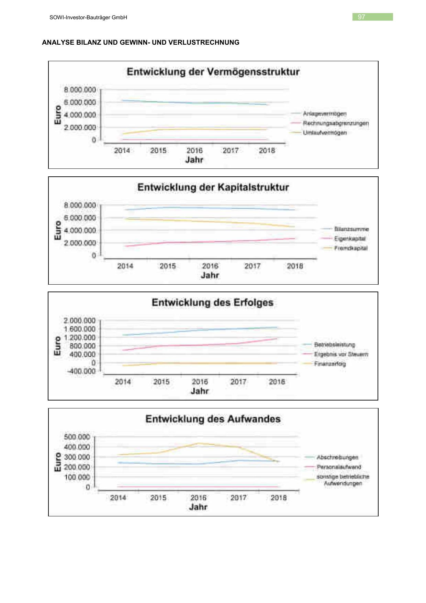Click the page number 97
(361, 17)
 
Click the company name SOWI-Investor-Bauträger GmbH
(88, 17)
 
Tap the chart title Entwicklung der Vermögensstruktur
(213, 72)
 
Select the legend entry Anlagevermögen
(324, 113)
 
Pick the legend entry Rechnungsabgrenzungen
(336, 123)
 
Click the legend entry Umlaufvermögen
(324, 133)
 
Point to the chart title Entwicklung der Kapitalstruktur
(213, 187)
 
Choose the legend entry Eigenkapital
(350, 239)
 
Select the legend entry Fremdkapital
(350, 248)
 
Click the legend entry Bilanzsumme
(351, 229)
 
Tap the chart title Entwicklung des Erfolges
(213, 303)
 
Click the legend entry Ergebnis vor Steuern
(341, 354)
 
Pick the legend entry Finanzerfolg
(330, 364)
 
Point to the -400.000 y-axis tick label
(81, 371)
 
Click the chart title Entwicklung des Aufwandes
(213, 419)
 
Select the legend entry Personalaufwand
(339, 467)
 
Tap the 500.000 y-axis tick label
(77, 437)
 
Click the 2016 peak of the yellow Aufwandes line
(198, 443)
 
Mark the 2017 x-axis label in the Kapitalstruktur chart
(253, 266)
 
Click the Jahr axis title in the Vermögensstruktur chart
(194, 160)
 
